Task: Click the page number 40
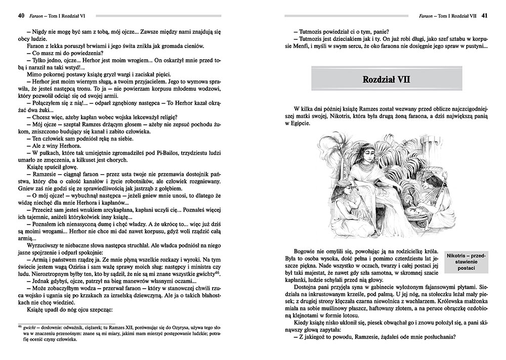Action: pos(20,15)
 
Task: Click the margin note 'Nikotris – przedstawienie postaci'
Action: pos(463,262)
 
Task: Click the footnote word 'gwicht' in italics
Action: pos(30,328)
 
